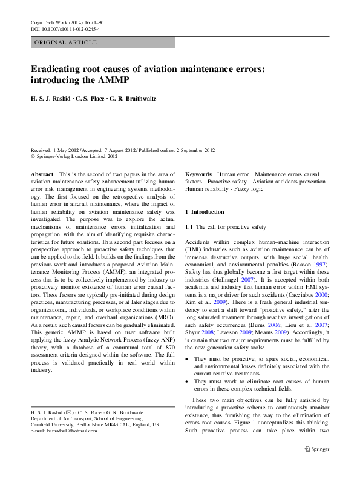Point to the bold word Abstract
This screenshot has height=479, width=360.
[42, 174]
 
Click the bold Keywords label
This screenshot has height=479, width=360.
[198, 174]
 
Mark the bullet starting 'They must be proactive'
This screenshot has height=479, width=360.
[261, 358]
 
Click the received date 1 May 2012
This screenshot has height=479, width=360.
[67, 149]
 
